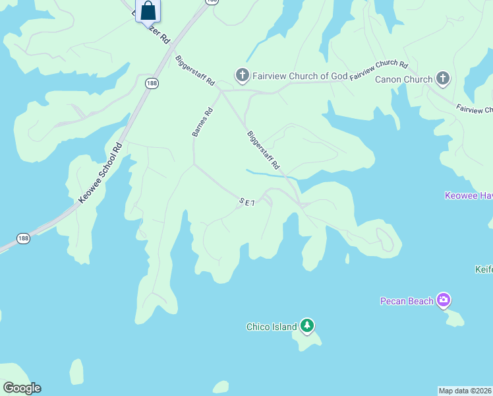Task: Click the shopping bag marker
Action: [x=148, y=11]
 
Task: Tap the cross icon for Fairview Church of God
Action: [x=242, y=75]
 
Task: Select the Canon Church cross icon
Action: [x=443, y=79]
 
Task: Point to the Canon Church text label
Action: [x=404, y=80]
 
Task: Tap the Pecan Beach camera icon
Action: [x=444, y=301]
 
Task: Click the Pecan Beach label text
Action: [x=407, y=302]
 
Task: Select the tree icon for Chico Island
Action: [x=306, y=325]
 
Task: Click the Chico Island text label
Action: [x=272, y=327]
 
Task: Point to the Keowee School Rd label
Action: [x=100, y=173]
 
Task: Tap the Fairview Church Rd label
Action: [x=379, y=70]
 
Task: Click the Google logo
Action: [x=22, y=388]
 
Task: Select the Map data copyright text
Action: [x=465, y=391]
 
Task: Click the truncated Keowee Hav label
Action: [x=469, y=196]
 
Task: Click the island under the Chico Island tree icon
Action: [x=308, y=339]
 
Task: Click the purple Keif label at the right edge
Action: [x=484, y=269]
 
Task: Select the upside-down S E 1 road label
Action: [x=246, y=203]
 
